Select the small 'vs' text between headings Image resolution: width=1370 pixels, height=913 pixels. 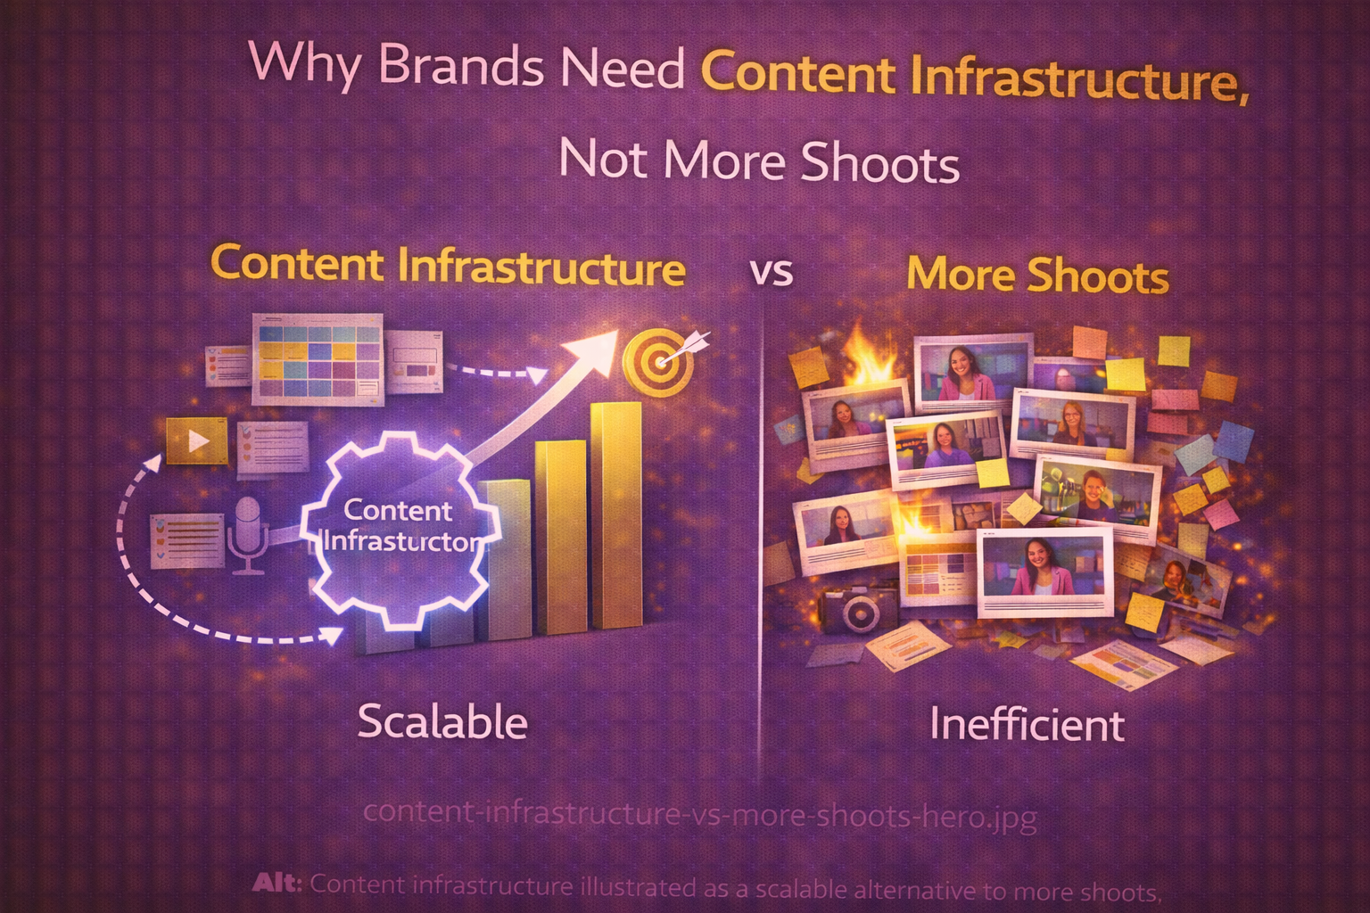click(x=772, y=272)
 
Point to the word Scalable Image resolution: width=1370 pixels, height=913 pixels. click(x=442, y=721)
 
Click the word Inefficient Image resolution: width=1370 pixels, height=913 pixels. click(x=1027, y=723)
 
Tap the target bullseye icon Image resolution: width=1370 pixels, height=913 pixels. click(x=657, y=359)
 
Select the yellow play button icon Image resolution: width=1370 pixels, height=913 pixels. click(x=197, y=440)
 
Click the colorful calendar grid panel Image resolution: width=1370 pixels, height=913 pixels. click(x=318, y=358)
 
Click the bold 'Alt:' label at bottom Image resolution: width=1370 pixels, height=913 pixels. click(x=277, y=884)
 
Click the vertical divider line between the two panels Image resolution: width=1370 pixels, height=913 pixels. click(x=761, y=535)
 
